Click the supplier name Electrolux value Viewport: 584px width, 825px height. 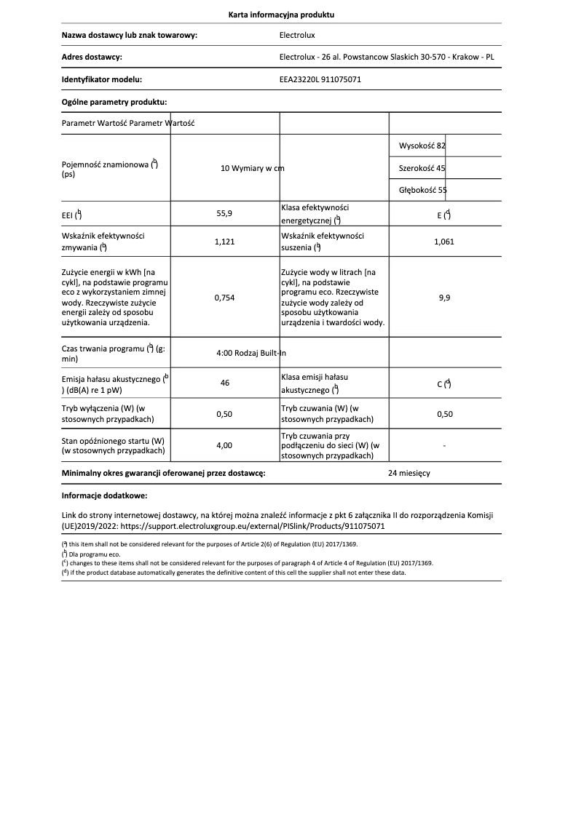click(x=297, y=35)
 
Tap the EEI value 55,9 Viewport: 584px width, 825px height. click(x=224, y=214)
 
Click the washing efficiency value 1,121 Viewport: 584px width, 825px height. click(x=224, y=242)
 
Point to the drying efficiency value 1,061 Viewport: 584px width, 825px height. click(x=443, y=242)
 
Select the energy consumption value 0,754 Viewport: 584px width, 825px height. click(x=224, y=297)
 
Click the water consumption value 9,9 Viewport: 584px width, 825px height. click(x=443, y=297)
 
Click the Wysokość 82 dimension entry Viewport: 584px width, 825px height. click(x=422, y=146)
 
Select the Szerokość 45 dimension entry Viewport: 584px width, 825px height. click(x=422, y=168)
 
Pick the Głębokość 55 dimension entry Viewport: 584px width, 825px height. click(x=422, y=190)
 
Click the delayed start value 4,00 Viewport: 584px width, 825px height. click(x=224, y=445)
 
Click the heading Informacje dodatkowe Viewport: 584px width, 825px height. click(x=104, y=495)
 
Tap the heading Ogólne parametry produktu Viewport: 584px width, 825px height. click(x=114, y=102)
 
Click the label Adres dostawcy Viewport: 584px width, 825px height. click(x=92, y=57)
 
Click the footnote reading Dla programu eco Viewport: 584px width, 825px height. click(x=92, y=554)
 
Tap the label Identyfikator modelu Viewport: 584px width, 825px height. click(x=101, y=79)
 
